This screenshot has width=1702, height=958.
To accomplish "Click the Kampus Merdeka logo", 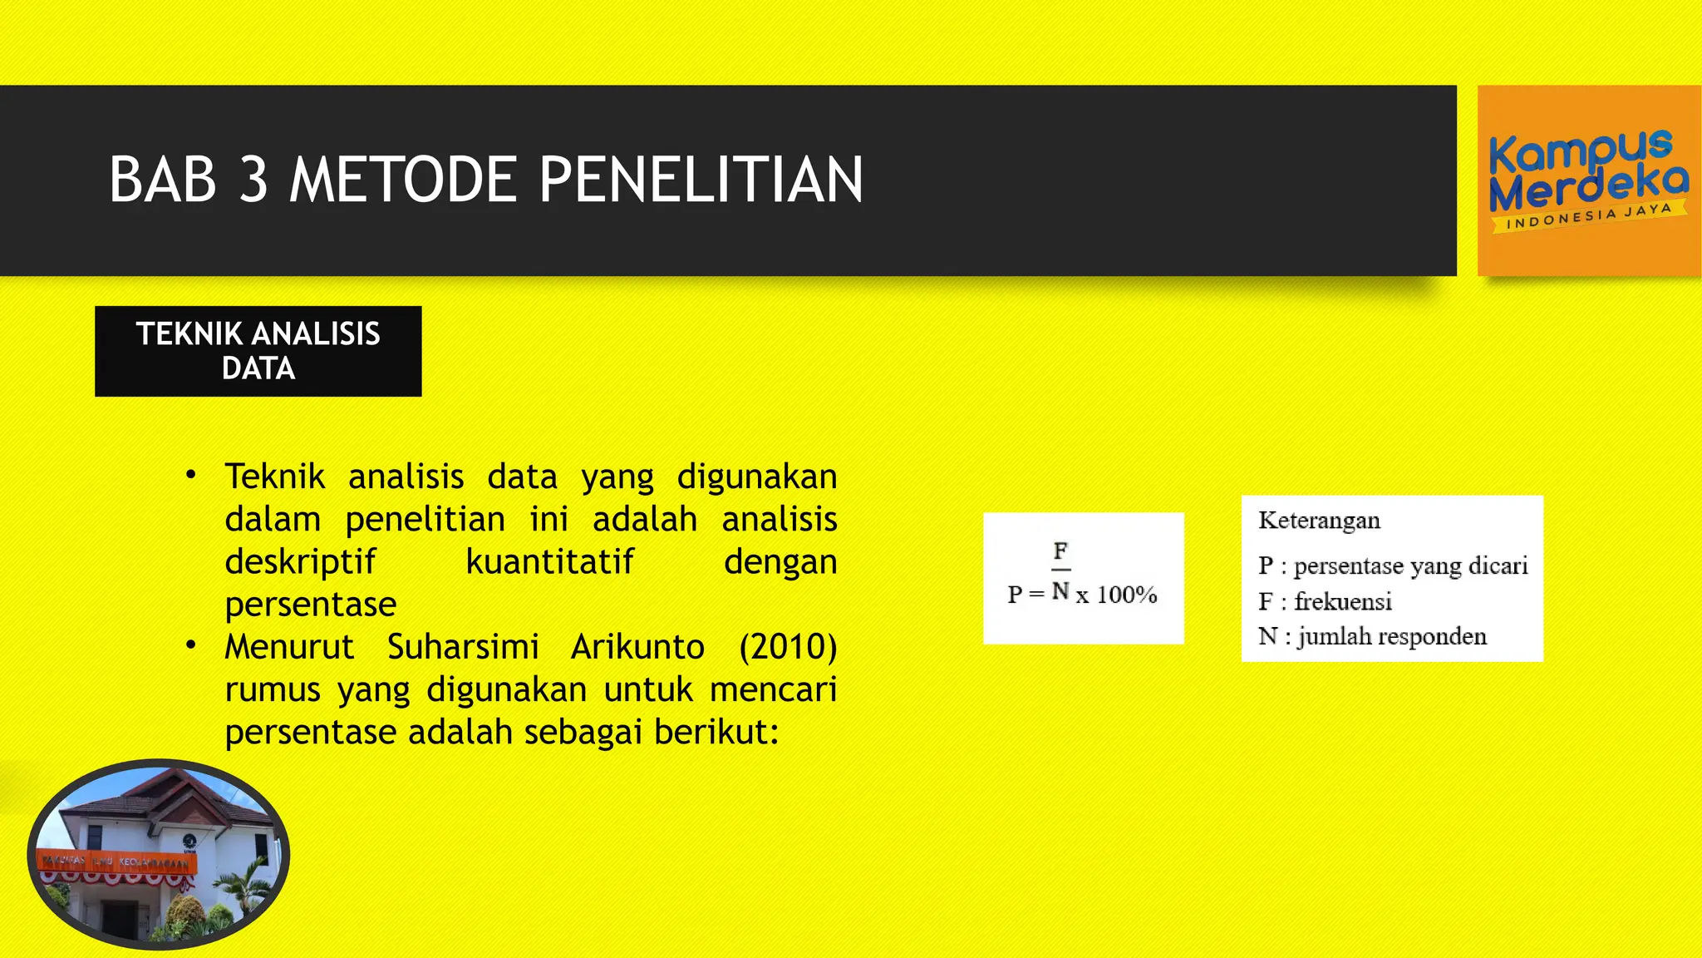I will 1588,180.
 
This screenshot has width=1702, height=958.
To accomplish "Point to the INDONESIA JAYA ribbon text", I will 1588,217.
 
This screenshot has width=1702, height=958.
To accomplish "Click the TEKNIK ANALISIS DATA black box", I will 258,351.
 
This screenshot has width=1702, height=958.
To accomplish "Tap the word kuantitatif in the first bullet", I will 549,561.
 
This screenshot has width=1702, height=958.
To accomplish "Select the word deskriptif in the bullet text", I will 300,561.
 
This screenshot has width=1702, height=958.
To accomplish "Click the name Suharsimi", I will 463,647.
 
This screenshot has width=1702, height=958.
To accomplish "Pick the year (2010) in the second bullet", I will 787,647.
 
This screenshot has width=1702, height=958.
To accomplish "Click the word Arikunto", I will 637,647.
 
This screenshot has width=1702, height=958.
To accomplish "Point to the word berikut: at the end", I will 716,732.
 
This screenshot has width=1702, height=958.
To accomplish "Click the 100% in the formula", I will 1126,595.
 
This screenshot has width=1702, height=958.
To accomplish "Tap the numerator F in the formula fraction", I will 1060,551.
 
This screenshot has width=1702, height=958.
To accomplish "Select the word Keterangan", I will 1319,521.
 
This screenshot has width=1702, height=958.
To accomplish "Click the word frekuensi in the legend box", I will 1342,601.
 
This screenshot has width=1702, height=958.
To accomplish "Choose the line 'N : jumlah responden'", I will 1372,636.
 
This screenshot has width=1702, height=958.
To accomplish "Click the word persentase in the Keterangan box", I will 1348,566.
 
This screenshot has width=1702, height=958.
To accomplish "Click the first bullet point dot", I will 191,475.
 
